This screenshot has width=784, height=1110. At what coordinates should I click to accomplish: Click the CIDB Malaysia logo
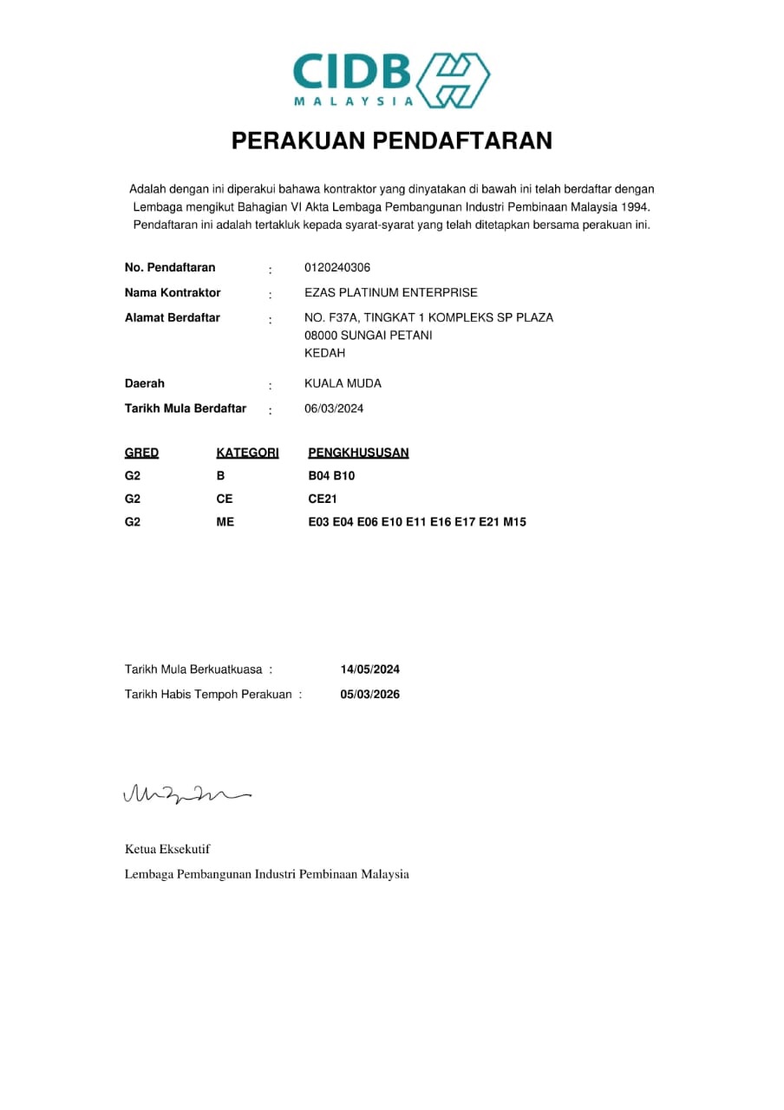[x=391, y=80]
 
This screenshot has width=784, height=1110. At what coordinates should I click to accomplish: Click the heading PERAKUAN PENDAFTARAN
[x=391, y=140]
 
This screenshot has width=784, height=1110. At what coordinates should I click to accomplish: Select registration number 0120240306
[x=337, y=267]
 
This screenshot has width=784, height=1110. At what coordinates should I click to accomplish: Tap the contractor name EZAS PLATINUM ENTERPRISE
[x=390, y=292]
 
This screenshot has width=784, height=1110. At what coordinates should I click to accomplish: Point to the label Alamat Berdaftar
[x=173, y=317]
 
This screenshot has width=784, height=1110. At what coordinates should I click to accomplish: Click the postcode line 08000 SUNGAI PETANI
[x=369, y=335]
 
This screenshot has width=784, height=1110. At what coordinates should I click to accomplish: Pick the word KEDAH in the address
[x=325, y=353]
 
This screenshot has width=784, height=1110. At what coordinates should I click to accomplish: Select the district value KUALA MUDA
[x=343, y=383]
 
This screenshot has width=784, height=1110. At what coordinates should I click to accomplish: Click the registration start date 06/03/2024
[x=334, y=408]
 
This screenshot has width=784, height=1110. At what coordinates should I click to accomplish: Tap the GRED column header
[x=141, y=453]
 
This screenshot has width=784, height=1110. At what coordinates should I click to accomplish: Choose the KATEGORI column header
[x=247, y=453]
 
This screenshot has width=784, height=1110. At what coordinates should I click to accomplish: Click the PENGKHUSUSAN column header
[x=358, y=453]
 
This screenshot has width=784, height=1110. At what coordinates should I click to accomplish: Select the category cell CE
[x=225, y=499]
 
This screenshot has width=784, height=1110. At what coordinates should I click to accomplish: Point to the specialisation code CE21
[x=322, y=499]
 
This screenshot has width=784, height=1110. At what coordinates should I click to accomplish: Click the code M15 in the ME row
[x=514, y=522]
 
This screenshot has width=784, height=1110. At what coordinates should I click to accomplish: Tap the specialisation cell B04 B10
[x=331, y=476]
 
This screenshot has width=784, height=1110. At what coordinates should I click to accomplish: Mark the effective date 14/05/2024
[x=370, y=669]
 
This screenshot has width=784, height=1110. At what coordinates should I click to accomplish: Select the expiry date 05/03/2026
[x=370, y=695]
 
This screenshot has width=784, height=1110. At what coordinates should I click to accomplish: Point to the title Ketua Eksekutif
[x=167, y=849]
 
